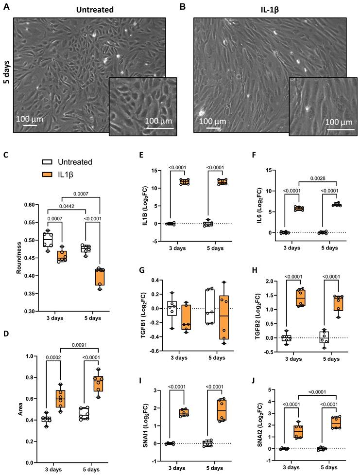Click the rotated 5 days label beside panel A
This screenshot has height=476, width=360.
pos(7,75)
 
